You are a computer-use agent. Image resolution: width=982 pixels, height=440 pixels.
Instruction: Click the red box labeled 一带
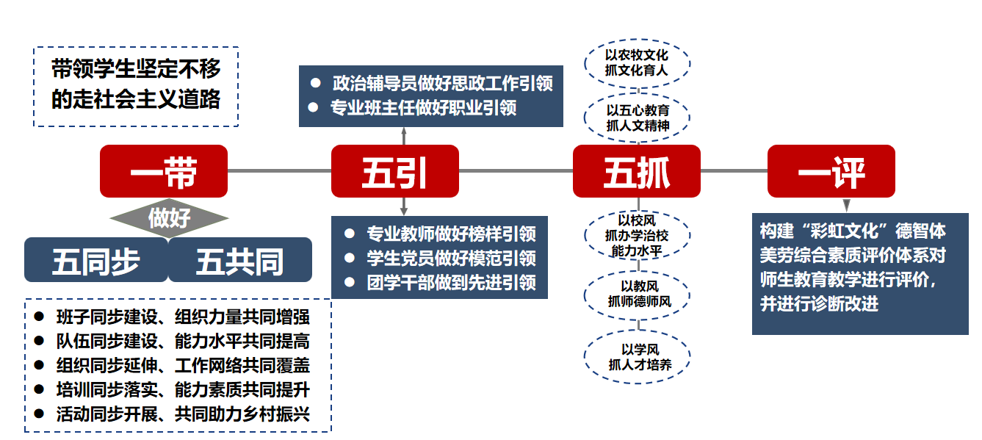pos(164,171)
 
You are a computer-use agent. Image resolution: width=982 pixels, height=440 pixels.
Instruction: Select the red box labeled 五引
pos(395,171)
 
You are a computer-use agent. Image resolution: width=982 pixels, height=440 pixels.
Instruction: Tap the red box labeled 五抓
pos(637,171)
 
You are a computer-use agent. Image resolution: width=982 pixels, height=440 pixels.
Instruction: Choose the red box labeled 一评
pos(831,171)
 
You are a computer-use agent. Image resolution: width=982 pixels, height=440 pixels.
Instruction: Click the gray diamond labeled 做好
pos(169,218)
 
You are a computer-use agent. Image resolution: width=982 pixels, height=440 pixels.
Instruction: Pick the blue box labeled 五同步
pos(96,260)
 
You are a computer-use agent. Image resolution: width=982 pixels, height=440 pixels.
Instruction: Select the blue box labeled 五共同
pos(240,260)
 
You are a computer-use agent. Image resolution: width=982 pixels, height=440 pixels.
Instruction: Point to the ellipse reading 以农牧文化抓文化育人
pos(637,62)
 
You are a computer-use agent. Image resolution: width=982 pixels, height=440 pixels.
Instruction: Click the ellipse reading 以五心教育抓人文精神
pos(637,118)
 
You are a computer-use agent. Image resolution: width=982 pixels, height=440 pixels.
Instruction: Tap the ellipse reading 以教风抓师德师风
pos(637,295)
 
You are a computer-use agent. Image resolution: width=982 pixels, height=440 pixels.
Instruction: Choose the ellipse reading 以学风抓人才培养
pos(637,357)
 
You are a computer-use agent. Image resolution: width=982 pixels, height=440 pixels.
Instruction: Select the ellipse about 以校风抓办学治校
pos(637,235)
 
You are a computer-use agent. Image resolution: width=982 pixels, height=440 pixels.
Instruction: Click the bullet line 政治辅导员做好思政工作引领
pos(431,83)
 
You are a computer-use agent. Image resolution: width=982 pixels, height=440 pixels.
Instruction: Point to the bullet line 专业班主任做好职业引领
pos(413,108)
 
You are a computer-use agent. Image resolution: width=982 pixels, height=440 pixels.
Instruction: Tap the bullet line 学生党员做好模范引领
pos(440,258)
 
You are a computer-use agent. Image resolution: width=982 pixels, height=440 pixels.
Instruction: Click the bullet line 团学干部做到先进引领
pos(440,283)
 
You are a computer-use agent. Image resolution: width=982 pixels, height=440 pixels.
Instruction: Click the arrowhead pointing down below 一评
pos(847,205)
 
